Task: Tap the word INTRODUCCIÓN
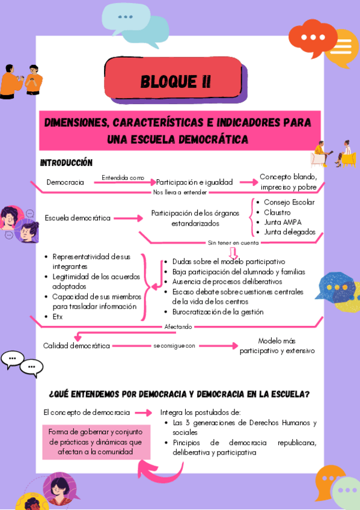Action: (66, 162)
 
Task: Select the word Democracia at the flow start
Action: (65, 182)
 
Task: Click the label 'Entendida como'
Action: (123, 177)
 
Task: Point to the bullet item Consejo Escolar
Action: (288, 202)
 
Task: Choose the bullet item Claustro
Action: (277, 212)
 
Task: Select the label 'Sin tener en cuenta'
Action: (233, 243)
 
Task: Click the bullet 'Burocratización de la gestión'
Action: (218, 312)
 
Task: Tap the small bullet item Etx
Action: (58, 316)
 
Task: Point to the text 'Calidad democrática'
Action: (76, 346)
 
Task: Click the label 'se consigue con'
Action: (174, 346)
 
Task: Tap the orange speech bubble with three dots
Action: (311, 38)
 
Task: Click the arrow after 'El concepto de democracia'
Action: (144, 413)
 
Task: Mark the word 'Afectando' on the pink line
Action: (178, 327)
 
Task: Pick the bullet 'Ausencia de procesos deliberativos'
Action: (227, 281)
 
